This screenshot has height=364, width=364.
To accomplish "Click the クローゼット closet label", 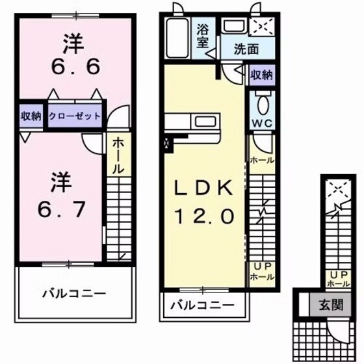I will point(74,116).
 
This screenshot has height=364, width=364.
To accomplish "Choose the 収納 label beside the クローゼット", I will point(30,116).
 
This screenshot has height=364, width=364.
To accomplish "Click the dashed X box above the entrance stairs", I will point(337,188).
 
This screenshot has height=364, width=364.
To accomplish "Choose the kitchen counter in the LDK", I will point(194,122).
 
